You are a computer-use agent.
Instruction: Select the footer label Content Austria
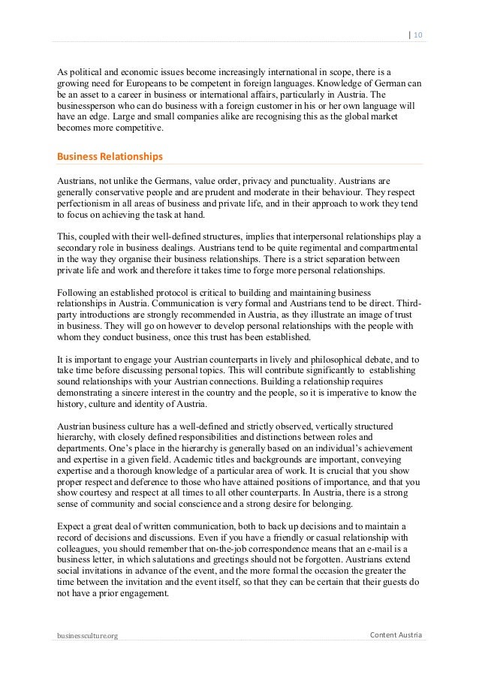pos(396,636)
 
